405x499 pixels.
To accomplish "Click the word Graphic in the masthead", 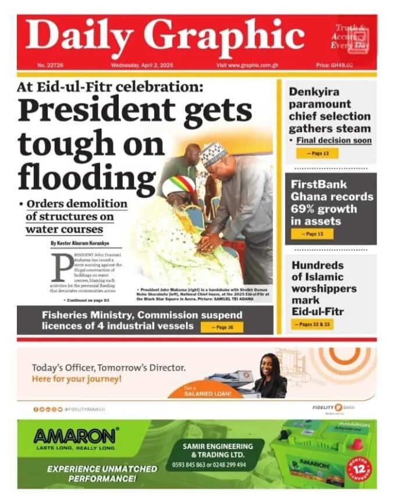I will tap(224, 36).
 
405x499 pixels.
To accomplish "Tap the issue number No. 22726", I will tap(50, 65).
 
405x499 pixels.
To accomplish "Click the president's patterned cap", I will tap(212, 154).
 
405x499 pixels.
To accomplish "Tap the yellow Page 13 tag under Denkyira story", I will tap(317, 153).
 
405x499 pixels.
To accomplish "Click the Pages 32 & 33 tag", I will tap(312, 324).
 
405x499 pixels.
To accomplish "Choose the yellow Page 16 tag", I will tap(222, 327).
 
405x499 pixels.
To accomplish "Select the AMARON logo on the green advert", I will tap(76, 436).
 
